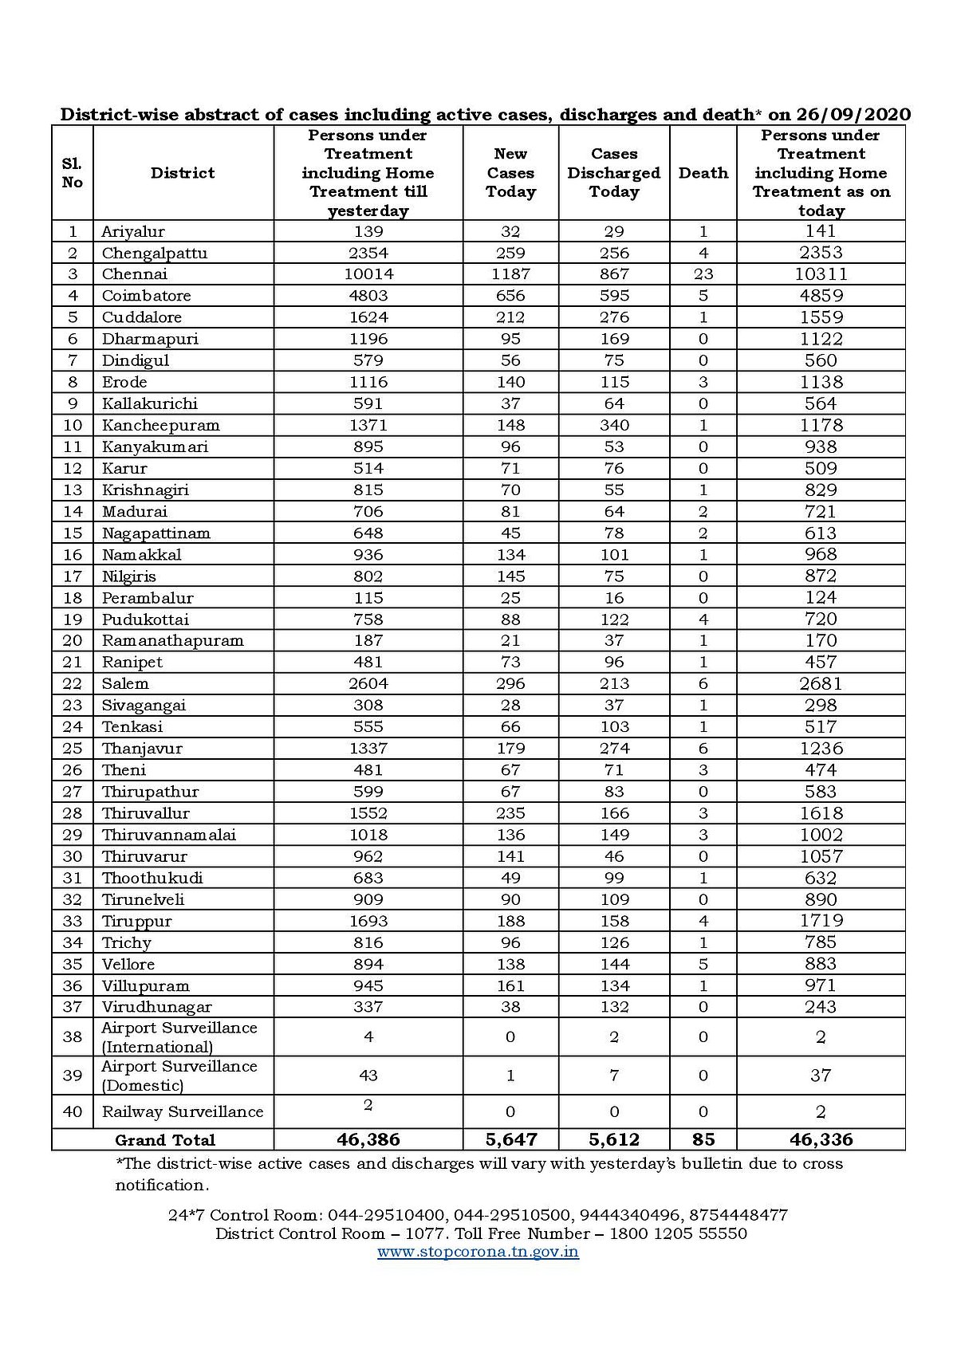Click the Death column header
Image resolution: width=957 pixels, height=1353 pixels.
703,173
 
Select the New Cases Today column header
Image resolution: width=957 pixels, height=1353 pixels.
510,173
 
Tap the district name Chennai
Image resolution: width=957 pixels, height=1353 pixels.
135,274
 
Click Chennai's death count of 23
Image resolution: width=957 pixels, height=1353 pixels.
703,274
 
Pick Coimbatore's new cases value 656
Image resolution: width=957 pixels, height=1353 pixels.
510,296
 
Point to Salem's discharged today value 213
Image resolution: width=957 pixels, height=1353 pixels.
614,684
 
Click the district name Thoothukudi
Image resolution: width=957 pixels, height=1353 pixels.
152,878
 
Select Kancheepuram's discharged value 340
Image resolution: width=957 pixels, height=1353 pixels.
614,425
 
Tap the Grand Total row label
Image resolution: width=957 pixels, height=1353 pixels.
165,1140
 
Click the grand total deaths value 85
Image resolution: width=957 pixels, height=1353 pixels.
703,1140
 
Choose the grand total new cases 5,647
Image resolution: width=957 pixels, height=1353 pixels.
510,1140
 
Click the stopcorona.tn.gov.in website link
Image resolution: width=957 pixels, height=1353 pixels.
478,1252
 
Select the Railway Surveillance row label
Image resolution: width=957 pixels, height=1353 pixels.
182,1111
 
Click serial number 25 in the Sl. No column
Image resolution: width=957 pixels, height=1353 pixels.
73,749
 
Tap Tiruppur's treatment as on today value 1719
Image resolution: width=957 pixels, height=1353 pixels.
821,921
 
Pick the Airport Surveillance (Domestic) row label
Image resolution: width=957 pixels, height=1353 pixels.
179,1076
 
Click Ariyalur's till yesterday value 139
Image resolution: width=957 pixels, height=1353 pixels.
368,232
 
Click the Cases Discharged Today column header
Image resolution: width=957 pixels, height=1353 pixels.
614,173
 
